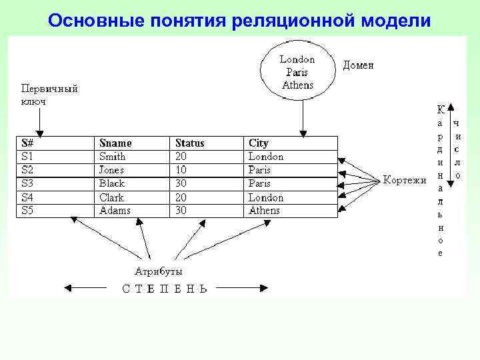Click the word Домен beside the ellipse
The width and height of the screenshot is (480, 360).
(358, 65)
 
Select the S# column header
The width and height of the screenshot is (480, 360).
(27, 143)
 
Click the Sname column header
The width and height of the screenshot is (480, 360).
(115, 143)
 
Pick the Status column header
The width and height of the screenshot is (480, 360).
(189, 143)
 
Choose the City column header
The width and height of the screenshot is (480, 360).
(259, 143)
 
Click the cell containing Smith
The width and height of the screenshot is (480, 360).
(112, 157)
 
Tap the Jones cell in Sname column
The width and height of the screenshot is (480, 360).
(112, 170)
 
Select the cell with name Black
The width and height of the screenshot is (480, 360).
(111, 183)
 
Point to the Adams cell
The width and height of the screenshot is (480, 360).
(115, 211)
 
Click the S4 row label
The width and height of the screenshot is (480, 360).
(27, 197)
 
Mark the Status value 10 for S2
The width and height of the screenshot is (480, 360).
(181, 170)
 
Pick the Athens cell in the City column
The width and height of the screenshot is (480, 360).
(265, 211)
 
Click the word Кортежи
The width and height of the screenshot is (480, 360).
(405, 180)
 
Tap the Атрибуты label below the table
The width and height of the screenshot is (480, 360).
(159, 271)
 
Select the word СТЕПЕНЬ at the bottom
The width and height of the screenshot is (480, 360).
(165, 289)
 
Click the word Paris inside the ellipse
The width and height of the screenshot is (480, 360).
(297, 72)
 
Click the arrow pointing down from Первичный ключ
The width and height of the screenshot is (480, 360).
(40, 123)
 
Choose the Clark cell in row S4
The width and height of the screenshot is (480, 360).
(111, 197)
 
